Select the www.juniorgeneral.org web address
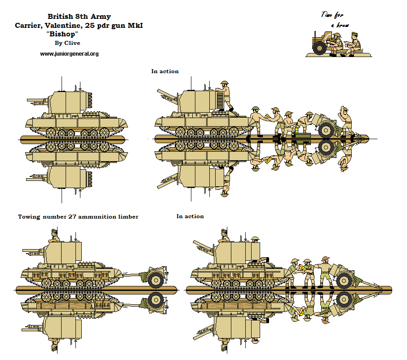[x=69, y=54]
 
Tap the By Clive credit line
[x=67, y=44]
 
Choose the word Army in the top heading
[x=101, y=17]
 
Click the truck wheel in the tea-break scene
[x=320, y=48]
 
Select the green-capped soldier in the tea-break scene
[x=354, y=44]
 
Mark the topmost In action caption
[x=165, y=71]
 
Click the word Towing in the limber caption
[x=29, y=217]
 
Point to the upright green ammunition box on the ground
[x=302, y=133]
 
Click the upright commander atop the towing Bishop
[x=54, y=236]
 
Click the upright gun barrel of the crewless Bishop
[x=38, y=100]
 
